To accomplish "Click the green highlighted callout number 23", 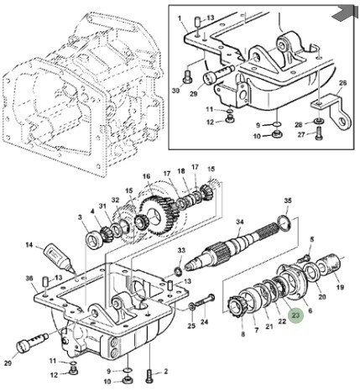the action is click(x=295, y=315).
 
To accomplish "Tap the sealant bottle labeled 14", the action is click(x=60, y=258).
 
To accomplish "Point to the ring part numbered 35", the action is click(x=284, y=223).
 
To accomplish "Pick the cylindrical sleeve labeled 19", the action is click(x=330, y=265).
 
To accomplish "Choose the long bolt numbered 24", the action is click(x=205, y=301).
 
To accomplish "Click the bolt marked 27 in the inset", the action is click(x=319, y=133).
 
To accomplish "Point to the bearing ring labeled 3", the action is click(x=93, y=240).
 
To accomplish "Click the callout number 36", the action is click(x=29, y=279).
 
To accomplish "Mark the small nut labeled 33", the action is click(x=178, y=271).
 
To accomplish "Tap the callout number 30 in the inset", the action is click(x=176, y=91).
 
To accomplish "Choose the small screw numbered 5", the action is click(x=304, y=258).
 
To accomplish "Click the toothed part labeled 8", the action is click(x=235, y=307).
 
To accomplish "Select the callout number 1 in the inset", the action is click(x=180, y=18).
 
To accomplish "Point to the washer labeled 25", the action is click(x=192, y=306).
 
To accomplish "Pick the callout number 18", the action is click(x=181, y=170).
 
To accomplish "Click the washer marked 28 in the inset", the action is click(x=319, y=121).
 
